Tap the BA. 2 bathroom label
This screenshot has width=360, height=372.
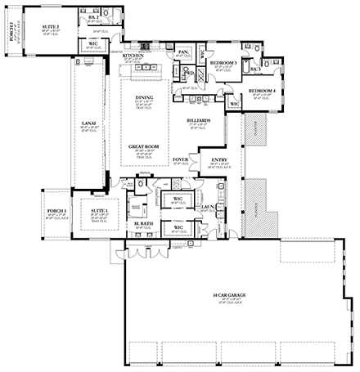click(x=92, y=16)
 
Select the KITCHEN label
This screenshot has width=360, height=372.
click(x=135, y=56)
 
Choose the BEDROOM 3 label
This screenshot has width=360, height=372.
click(x=223, y=63)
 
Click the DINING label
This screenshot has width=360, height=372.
click(x=145, y=97)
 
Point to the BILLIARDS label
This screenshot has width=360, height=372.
click(x=198, y=119)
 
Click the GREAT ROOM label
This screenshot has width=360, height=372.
click(x=142, y=146)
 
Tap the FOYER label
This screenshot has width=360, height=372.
click(x=180, y=159)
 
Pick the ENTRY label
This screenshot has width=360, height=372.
click(x=219, y=159)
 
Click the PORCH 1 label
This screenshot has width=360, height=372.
click(x=55, y=210)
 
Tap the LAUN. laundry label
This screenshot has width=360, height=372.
click(x=207, y=208)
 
